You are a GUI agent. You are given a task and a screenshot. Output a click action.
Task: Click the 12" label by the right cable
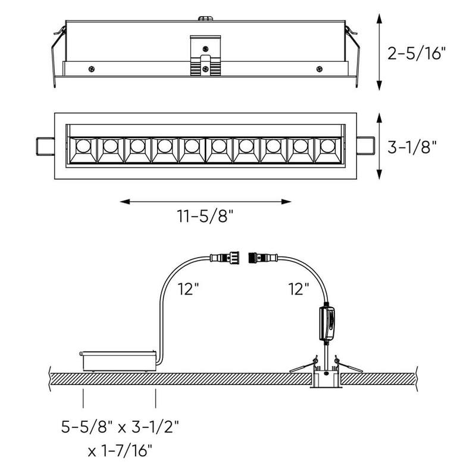[x=298, y=290]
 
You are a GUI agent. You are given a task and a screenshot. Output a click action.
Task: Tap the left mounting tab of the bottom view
[x=45, y=146]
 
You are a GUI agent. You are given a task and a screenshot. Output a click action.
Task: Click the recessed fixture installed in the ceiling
[x=325, y=381]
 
